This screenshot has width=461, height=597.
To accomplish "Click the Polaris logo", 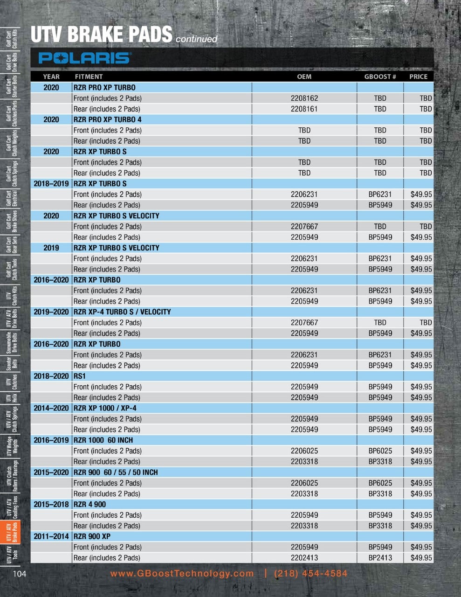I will (84, 58).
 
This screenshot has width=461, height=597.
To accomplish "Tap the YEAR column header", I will (51, 76).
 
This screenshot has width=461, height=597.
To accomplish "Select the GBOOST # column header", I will (380, 76).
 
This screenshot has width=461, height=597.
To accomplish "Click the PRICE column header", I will (418, 76).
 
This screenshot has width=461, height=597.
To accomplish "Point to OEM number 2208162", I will (304, 98).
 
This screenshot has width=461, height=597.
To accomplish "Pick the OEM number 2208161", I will (304, 109).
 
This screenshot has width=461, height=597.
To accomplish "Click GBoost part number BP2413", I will (380, 558).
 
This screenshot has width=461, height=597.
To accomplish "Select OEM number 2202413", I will (304, 558).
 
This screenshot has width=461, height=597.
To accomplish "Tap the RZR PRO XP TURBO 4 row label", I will (108, 119).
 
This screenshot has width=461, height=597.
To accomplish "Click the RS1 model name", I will (80, 376).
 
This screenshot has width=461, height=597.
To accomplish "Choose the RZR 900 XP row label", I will (92, 536).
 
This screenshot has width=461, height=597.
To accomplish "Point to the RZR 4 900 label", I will (93, 504).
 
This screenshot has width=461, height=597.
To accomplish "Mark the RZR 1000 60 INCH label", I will (103, 440).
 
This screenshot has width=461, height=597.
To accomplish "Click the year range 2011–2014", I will (51, 536).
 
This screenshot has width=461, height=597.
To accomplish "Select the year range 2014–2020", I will (51, 408).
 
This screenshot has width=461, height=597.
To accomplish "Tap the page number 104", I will (19, 574).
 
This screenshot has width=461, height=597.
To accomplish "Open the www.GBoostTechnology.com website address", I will (182, 574).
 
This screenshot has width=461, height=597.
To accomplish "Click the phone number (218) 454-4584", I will (311, 574).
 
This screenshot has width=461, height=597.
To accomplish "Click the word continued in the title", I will (197, 39).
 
